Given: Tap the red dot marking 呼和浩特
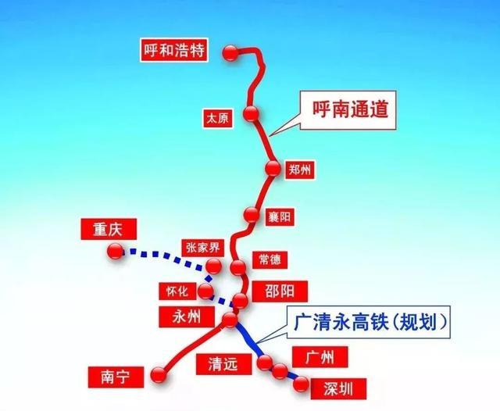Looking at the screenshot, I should point(230,52).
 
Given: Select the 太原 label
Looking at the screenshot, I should point(215,119).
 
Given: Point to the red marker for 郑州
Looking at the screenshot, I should point(273,168).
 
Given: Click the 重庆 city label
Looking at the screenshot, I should point(109,229).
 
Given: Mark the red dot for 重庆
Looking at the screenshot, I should point(115,251).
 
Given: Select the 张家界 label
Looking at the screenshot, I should point(203,248).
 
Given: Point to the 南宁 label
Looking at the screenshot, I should point(108,377).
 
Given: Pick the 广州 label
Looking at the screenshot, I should point(319,358).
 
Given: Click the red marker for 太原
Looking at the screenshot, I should point(251,113).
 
